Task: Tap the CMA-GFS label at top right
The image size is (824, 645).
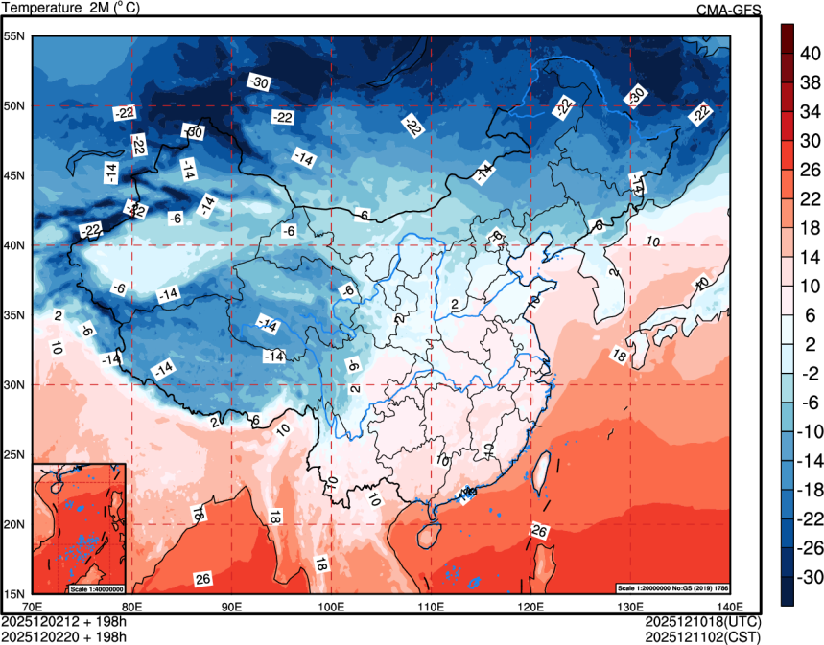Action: pyautogui.click(x=728, y=11)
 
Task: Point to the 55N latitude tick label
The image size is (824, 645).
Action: pyautogui.click(x=14, y=36)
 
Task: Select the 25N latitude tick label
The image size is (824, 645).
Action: pyautogui.click(x=14, y=454)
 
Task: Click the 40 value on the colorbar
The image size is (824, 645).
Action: pyautogui.click(x=810, y=55)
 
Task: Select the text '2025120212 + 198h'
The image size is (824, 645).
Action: pyautogui.click(x=64, y=621)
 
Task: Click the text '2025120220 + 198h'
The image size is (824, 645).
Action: pyautogui.click(x=64, y=635)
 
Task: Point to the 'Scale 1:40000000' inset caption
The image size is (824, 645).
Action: pyautogui.click(x=95, y=587)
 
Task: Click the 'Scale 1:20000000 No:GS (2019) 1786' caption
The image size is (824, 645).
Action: pyautogui.click(x=677, y=587)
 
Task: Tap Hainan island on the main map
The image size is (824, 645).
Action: pyautogui.click(x=431, y=527)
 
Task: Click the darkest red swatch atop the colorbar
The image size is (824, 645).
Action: pyautogui.click(x=787, y=38)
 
